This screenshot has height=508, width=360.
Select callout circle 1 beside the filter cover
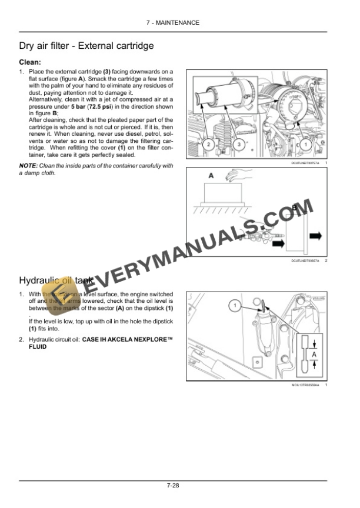point(306,144)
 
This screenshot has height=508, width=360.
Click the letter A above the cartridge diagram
point(211,175)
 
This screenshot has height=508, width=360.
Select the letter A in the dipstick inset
point(314,355)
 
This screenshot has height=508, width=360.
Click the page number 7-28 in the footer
point(172,486)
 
